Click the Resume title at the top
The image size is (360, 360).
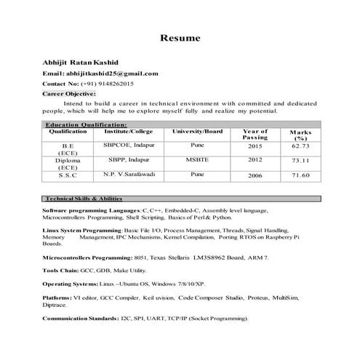pyautogui.click(x=180, y=38)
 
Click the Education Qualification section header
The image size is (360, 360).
pyautogui.click(x=85, y=125)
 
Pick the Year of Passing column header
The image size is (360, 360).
pyautogui.click(x=255, y=135)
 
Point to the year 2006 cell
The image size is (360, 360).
pyautogui.click(x=255, y=175)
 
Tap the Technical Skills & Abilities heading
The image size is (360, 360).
pyautogui.click(x=83, y=199)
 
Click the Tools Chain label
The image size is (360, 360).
pyautogui.click(x=63, y=270)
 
